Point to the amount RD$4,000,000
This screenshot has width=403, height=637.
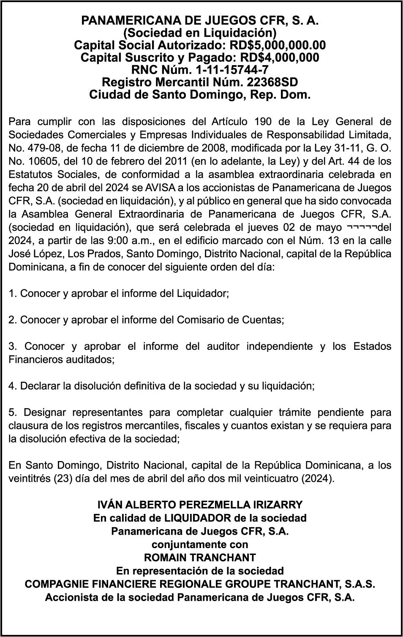(279, 57)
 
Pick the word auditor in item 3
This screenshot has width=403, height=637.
(223, 346)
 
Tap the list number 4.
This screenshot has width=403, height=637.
(12, 386)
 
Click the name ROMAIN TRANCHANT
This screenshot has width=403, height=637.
(200, 557)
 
